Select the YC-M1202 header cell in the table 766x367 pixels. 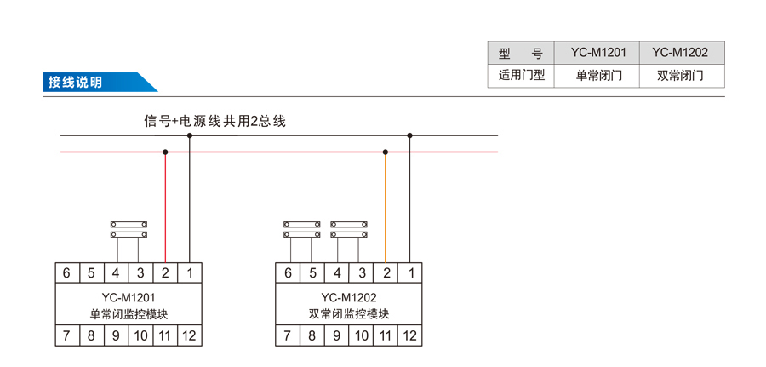coord(680,52)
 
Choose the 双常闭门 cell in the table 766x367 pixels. coord(680,75)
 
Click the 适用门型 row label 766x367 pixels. coord(521,75)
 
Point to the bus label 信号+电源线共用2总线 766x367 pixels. coord(214,121)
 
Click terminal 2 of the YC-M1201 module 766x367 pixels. coord(165,272)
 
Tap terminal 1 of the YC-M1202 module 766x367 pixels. coord(410,272)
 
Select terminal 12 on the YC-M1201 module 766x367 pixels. coord(189,335)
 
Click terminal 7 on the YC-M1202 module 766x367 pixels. coord(288,335)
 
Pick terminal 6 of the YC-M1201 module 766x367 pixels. coord(66,272)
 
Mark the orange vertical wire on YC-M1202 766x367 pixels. coord(386,209)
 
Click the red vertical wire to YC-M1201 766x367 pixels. coord(165,209)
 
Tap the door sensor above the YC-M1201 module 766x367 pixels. coord(129,228)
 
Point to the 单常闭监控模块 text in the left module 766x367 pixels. coord(129,314)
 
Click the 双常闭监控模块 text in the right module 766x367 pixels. coord(349,314)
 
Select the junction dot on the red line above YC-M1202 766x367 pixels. coord(386,152)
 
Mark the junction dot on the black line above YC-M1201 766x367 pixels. coord(190,135)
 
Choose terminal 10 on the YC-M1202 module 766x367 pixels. coord(361,335)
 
